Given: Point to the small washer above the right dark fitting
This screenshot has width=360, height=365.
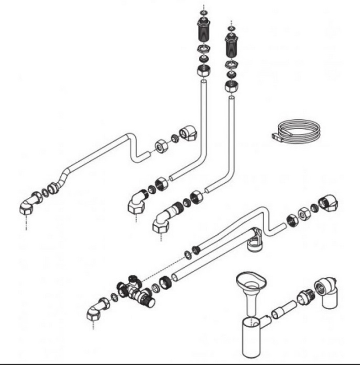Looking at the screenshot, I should [231, 28].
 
